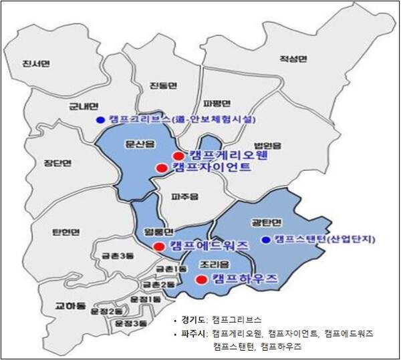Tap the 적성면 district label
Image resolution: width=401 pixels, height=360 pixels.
coord(293,59)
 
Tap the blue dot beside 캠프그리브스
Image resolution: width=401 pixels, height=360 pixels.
coord(100,120)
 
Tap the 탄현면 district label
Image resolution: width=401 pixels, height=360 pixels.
coord(65,232)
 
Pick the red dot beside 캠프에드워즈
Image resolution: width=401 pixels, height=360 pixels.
coord(158,246)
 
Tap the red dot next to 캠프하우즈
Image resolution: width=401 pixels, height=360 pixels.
coord(200,280)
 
